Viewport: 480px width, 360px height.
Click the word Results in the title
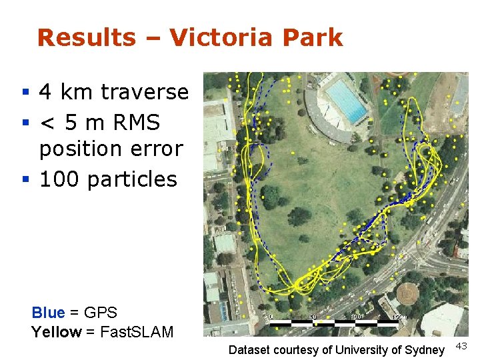[86, 37]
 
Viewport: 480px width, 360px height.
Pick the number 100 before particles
[60, 179]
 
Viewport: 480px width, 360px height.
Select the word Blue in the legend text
[48, 312]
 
